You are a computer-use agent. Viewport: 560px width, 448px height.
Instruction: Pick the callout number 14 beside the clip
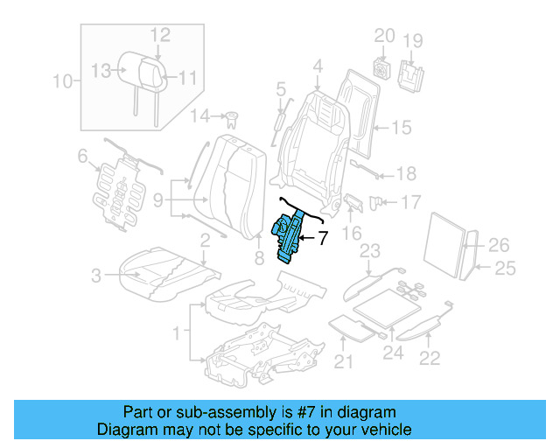click(200, 115)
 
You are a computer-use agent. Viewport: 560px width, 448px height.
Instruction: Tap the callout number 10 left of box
click(61, 83)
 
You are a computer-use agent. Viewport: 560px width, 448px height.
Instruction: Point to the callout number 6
click(82, 157)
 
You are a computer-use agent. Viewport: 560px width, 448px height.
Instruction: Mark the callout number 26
click(498, 244)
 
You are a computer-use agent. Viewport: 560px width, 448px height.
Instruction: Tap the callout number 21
click(342, 362)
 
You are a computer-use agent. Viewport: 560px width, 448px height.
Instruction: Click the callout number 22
click(430, 356)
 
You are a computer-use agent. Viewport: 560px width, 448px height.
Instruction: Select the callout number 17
click(410, 203)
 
